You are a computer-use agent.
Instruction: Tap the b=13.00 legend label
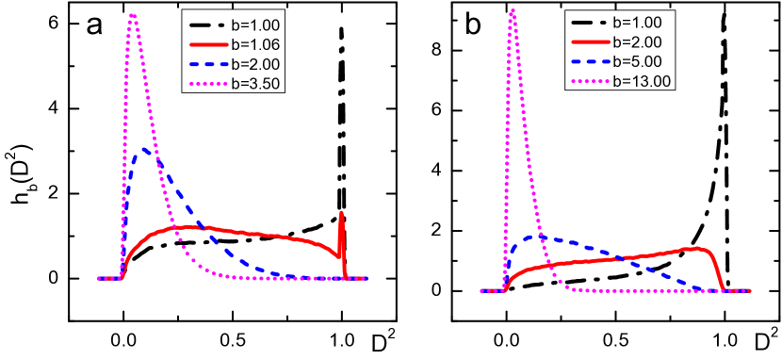642,81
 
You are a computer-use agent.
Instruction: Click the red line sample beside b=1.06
209,44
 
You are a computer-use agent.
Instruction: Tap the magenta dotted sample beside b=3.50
209,84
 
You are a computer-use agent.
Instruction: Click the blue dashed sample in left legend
209,64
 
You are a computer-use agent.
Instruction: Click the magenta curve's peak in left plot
133,14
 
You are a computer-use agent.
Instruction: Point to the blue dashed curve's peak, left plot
144,148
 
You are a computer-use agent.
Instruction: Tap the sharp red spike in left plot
341,213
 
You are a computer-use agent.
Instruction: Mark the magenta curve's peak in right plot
512,9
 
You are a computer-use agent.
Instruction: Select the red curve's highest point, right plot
698,248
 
